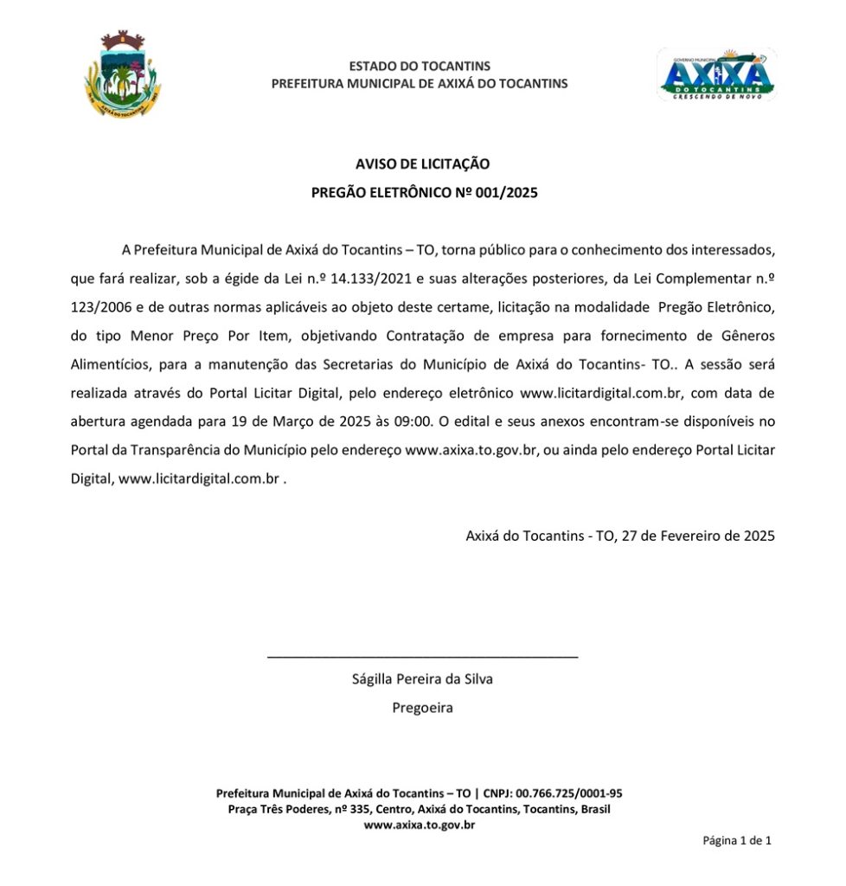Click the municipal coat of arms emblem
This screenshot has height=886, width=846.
(123, 75)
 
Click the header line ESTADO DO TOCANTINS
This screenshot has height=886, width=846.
(420, 66)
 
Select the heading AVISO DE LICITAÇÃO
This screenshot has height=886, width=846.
(423, 164)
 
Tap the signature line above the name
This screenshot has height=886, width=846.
(422, 658)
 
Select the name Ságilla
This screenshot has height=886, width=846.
(373, 678)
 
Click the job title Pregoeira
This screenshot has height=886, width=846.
(422, 707)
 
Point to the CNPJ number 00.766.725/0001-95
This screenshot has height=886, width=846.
(569, 793)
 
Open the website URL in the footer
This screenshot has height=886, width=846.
(420, 825)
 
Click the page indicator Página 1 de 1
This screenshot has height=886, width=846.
(737, 840)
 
